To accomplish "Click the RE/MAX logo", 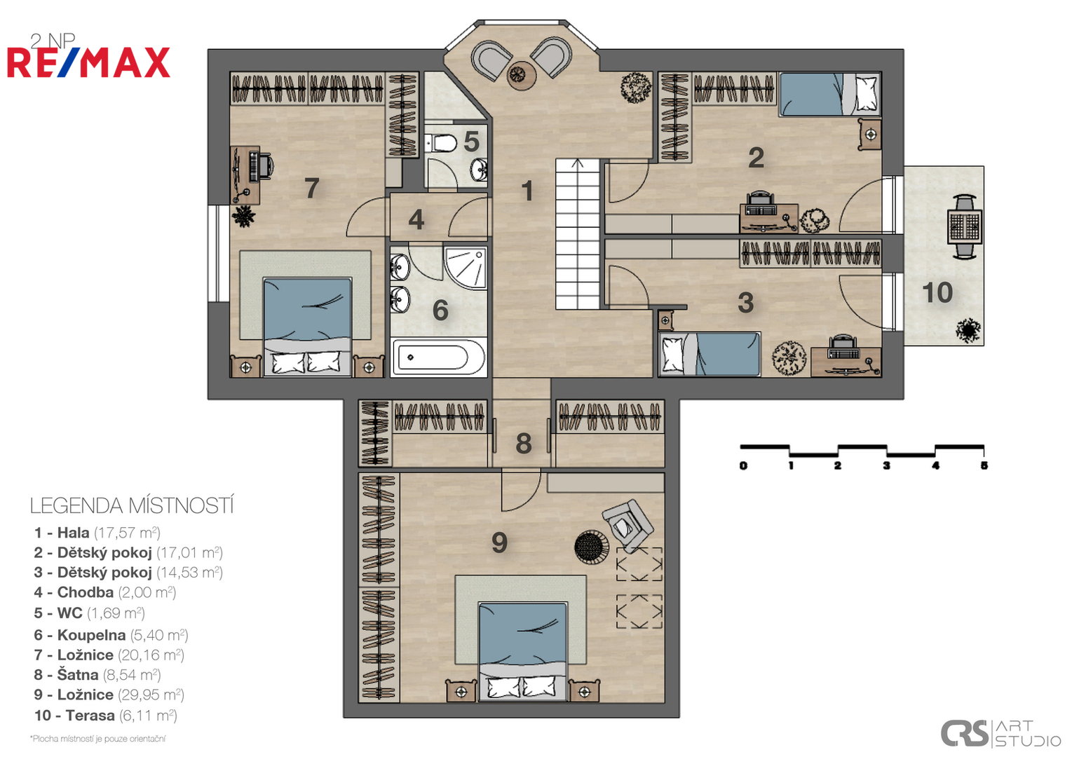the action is [88, 62].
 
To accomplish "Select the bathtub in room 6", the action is [439, 357].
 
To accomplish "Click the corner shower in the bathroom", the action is [465, 268].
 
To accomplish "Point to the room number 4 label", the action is [416, 219].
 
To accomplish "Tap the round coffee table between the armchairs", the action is [521, 75].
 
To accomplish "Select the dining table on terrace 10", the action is [965, 227].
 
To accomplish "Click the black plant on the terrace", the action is [968, 330].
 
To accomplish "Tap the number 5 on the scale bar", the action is [984, 465].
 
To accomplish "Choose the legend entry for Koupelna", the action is [111, 635].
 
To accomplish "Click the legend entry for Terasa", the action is [105, 716].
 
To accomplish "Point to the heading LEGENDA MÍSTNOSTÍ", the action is [132, 506].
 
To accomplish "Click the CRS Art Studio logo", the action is [1000, 732].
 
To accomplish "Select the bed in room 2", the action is [830, 94].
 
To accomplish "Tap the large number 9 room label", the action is [499, 543].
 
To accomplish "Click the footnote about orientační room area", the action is [97, 739].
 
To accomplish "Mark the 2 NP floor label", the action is [52, 41].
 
